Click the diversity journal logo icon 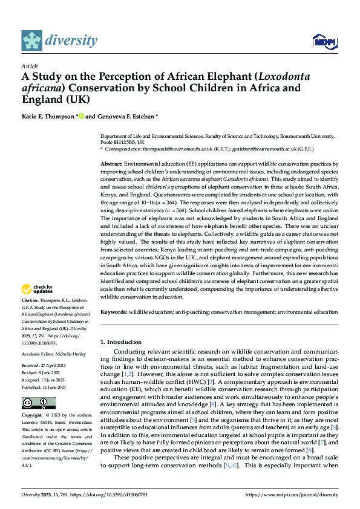32,40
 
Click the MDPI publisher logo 324,41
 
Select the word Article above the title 30,66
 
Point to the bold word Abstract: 112,164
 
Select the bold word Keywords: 114,312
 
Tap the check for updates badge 38,289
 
